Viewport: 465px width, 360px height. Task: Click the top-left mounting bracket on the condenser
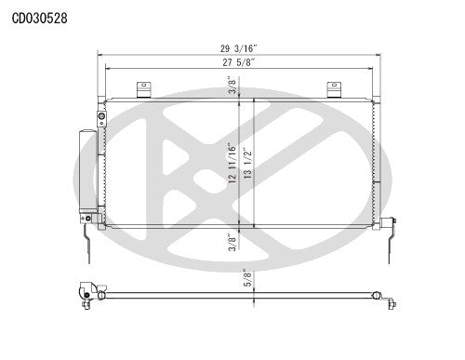(x=143, y=88)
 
